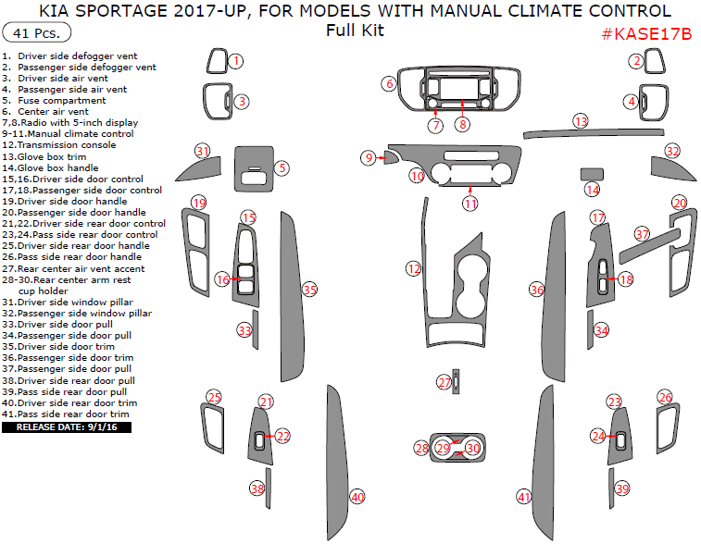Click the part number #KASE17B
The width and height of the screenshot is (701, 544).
tap(646, 34)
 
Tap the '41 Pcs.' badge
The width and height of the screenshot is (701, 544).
tap(38, 33)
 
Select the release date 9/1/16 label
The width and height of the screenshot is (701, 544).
tap(67, 427)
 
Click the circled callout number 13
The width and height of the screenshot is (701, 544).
tap(581, 121)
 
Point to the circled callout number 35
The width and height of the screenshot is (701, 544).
tap(310, 290)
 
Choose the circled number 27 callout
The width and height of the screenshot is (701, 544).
tap(444, 382)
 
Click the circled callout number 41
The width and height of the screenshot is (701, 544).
tap(525, 497)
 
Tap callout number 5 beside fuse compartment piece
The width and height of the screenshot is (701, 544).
tap(282, 168)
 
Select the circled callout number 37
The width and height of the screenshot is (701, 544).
tap(642, 234)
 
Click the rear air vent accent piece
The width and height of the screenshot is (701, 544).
tap(457, 382)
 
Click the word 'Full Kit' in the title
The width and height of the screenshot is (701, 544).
tap(355, 31)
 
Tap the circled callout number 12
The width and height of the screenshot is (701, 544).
tap(413, 267)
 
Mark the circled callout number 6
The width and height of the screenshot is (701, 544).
tap(389, 84)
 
